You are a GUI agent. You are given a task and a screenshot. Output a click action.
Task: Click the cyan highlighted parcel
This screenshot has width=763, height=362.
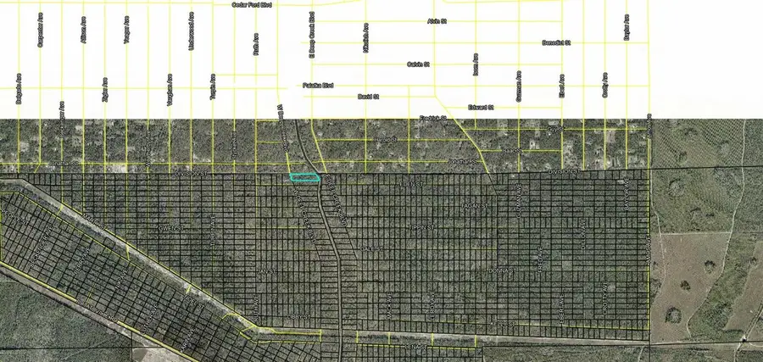pos(304,178)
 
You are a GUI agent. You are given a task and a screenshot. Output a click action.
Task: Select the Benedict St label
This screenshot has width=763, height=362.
pos(556,42)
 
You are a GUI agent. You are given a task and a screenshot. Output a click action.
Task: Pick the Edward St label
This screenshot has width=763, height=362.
pos(481,108)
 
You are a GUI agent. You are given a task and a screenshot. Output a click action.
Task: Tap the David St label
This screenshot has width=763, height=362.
pos(367,97)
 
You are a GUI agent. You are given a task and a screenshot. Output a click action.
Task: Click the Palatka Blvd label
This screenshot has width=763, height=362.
pos(318,86)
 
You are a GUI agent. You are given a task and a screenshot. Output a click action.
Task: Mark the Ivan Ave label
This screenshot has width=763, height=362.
pos(476,68)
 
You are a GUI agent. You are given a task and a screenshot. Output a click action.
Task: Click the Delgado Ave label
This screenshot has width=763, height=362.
pos(19,87)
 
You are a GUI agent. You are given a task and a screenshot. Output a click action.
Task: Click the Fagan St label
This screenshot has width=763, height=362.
pos(471,205)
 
